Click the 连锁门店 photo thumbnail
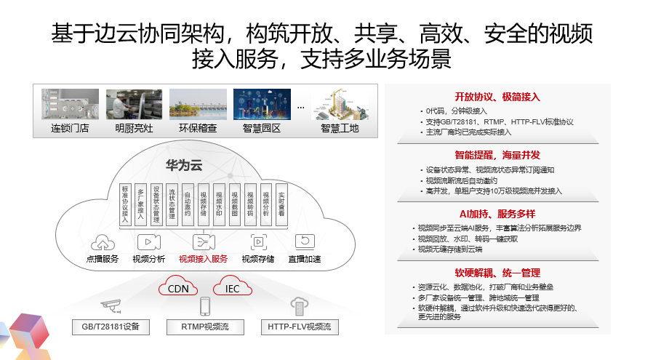(x=70, y=104)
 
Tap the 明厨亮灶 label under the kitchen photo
(x=135, y=129)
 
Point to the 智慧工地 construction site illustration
(x=340, y=105)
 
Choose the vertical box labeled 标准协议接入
(x=126, y=203)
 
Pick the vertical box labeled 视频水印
(x=219, y=204)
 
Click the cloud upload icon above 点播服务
(x=102, y=242)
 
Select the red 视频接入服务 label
(x=203, y=259)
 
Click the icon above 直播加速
(x=304, y=242)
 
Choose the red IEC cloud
(x=232, y=289)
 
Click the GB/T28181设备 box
(x=111, y=327)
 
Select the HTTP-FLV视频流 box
(x=299, y=327)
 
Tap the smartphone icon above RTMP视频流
(x=205, y=306)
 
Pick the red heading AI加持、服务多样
(x=497, y=213)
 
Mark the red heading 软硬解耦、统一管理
(x=497, y=273)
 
